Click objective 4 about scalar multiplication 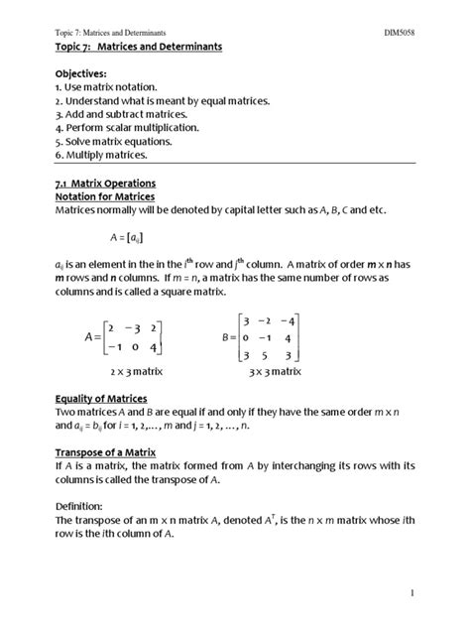pos(128,128)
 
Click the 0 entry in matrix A pos(130,347)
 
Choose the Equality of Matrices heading pos(105,399)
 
